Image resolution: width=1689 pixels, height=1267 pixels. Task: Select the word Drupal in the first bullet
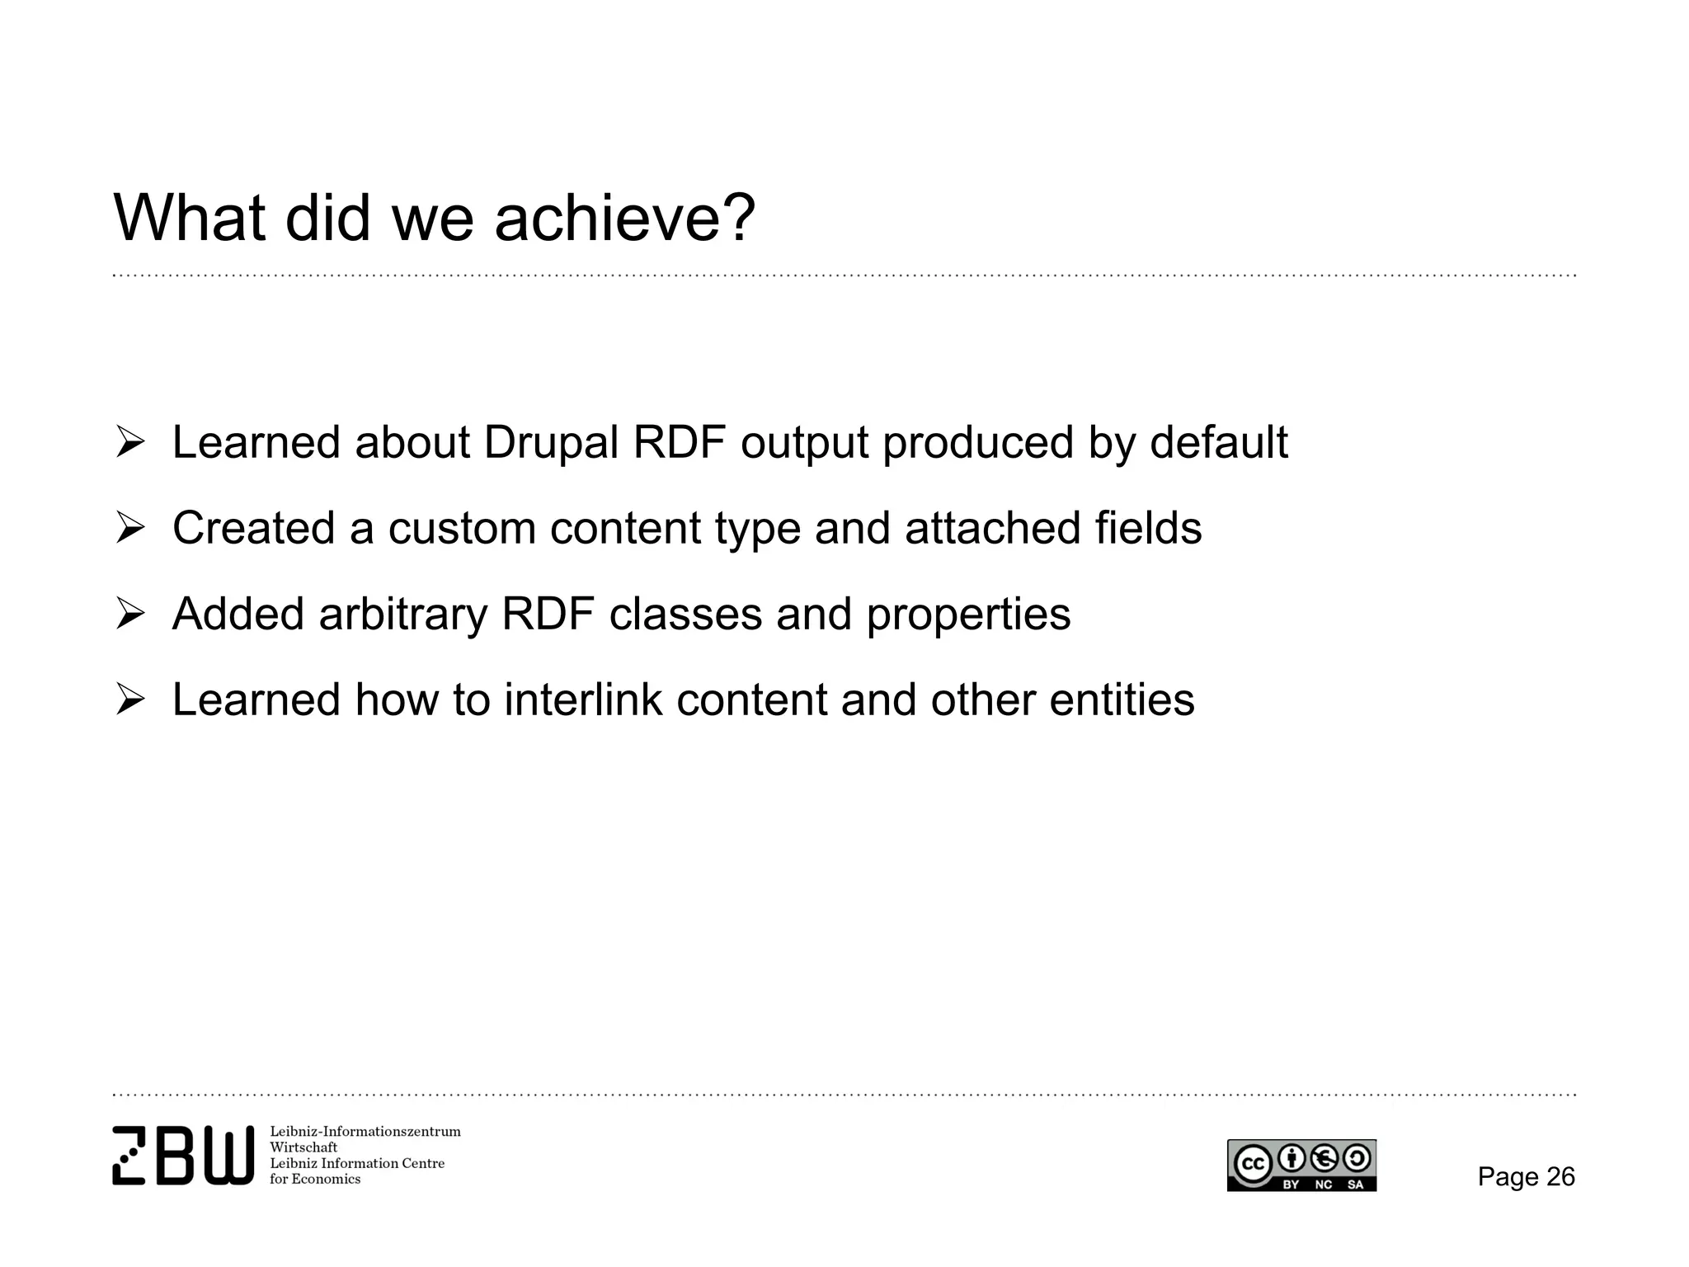coord(551,443)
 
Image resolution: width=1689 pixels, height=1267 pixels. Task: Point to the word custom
coord(462,529)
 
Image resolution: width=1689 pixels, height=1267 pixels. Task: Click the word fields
coord(1148,529)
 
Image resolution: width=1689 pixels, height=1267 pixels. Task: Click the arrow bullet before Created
coord(130,529)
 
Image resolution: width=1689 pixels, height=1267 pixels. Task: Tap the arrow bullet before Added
coord(130,615)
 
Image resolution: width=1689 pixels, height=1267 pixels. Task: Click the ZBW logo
coord(183,1155)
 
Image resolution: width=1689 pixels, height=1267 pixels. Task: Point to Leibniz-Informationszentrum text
coord(365,1132)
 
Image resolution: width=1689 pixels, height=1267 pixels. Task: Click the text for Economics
coord(315,1180)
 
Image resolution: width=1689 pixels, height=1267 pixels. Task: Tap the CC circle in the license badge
coord(1253,1163)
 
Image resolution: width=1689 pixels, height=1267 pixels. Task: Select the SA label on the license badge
coord(1355,1185)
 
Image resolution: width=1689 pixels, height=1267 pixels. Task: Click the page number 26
coord(1560,1176)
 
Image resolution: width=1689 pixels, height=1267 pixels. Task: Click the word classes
coord(685,615)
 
